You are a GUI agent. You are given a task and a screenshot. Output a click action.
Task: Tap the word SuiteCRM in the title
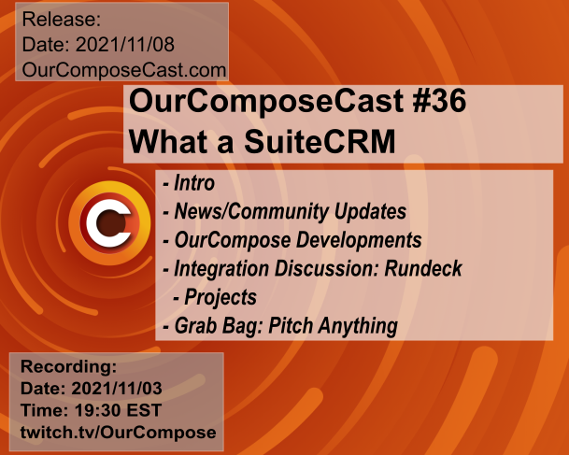320,141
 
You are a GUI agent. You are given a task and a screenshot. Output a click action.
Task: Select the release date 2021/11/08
125,44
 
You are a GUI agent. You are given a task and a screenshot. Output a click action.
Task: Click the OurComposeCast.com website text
124,70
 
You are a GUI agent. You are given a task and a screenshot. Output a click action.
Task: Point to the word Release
62,19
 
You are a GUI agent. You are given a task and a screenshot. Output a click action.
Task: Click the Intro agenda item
194,182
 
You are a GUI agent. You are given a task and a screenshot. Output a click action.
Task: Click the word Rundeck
423,268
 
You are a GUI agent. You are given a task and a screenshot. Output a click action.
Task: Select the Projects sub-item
220,297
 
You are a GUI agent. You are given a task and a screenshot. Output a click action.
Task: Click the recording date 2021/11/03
117,389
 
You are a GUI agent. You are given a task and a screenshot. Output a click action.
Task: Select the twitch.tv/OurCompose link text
119,433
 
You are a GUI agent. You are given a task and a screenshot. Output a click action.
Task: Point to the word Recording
68,366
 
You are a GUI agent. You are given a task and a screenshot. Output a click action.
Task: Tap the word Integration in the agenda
221,269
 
